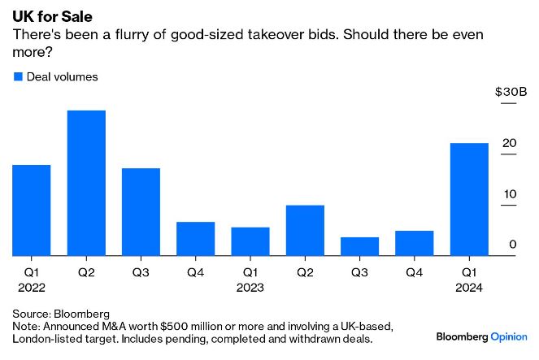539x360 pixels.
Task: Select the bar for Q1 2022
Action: tap(32, 210)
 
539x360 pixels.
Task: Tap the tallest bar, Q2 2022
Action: tap(86, 183)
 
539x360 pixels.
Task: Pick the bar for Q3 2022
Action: tap(141, 212)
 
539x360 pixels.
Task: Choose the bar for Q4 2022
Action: tap(196, 239)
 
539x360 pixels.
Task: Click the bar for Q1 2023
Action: tap(250, 241)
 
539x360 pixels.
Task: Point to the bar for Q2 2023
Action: tap(305, 231)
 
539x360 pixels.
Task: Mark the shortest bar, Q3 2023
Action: tap(359, 246)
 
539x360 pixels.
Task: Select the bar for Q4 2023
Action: tap(415, 243)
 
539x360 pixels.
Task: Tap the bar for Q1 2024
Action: tap(469, 200)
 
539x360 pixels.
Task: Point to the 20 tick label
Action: tap(509, 144)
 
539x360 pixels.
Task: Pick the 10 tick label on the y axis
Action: tap(509, 194)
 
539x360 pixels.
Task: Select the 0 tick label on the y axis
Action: tap(513, 245)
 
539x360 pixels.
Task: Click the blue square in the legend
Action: tap(18, 76)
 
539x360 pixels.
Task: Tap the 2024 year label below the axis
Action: tap(469, 288)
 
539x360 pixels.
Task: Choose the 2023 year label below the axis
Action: tap(250, 288)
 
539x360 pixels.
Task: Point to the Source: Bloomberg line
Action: tap(61, 313)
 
